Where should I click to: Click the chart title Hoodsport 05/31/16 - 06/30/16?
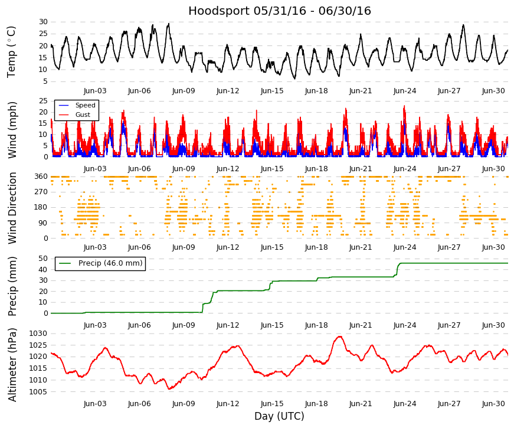point(280,11)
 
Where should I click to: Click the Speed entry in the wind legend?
point(85,105)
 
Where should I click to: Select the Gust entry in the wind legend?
point(83,115)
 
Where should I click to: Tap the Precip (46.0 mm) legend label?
point(110,263)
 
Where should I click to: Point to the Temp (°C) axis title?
point(11,52)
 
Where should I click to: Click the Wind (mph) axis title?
point(12,130)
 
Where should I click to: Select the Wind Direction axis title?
point(12,208)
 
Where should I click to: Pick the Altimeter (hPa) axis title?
point(12,365)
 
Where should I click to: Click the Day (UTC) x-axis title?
point(279,416)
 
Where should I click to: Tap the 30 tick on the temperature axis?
point(43,22)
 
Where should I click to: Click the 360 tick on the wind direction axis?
point(41,177)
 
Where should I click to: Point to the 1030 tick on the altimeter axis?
point(38,334)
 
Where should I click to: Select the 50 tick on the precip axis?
point(43,259)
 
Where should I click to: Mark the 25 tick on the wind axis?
point(43,101)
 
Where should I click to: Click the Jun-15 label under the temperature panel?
point(272,91)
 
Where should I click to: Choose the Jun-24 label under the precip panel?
point(405,325)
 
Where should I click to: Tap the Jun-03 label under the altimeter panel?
point(95,404)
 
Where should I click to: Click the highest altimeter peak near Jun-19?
point(340,336)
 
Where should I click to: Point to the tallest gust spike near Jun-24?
point(404,106)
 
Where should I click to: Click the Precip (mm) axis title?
point(12,286)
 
